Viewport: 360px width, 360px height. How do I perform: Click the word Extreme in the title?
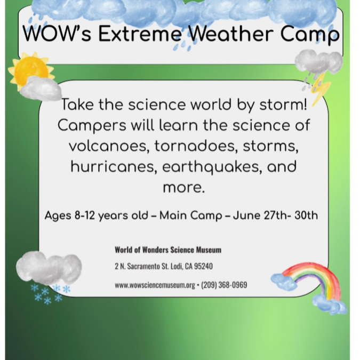(x=140, y=34)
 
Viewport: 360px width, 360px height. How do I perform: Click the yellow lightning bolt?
(x=321, y=89)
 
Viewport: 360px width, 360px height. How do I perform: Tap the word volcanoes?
(x=108, y=146)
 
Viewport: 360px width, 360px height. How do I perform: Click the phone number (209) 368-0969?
(x=224, y=285)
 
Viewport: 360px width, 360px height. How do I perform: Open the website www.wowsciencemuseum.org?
(x=155, y=285)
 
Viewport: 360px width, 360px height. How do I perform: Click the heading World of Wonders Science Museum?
(x=168, y=250)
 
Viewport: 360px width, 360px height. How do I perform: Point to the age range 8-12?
(x=85, y=215)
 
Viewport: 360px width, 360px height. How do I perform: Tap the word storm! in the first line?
(x=283, y=105)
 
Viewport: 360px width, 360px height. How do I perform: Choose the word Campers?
(x=92, y=126)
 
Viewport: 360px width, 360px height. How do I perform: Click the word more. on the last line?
(x=183, y=188)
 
